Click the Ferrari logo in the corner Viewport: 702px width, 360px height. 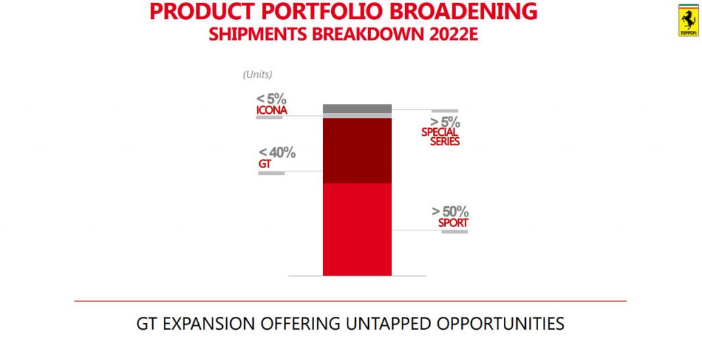point(688,20)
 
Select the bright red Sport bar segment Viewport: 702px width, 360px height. point(357,229)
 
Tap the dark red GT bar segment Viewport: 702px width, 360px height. point(357,150)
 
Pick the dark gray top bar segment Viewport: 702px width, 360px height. point(357,108)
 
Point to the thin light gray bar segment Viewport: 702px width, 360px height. point(357,115)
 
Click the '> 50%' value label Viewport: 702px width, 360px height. point(450,211)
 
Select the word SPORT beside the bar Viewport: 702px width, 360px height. point(453,223)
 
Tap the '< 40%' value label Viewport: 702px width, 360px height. point(277,153)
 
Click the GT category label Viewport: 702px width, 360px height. point(265,165)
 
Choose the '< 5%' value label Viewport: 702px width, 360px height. point(271,99)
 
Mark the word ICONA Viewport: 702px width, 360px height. point(271,110)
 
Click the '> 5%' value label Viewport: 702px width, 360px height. point(445,122)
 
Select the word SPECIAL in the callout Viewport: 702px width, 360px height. point(439,132)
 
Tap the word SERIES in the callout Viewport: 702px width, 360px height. point(445,141)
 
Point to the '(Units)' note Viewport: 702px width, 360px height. point(258,75)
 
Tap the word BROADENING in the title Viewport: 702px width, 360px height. point(463,11)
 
